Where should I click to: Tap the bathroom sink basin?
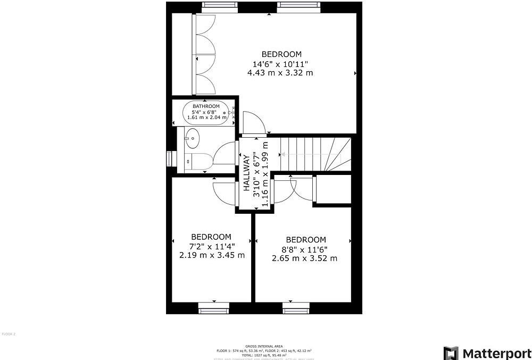(192, 139)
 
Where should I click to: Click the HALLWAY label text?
(247, 173)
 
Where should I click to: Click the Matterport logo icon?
(451, 353)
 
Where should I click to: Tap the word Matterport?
(496, 353)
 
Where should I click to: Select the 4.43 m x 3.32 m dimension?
(280, 73)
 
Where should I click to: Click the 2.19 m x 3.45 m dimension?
(212, 255)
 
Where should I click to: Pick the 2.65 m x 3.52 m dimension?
(305, 258)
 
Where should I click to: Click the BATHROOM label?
(206, 106)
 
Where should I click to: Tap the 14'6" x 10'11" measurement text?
(280, 63)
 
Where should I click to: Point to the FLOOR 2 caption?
(9, 334)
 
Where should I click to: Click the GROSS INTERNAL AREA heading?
(264, 346)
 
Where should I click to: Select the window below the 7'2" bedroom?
(214, 307)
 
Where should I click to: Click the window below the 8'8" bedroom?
(296, 307)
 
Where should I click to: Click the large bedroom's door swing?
(253, 123)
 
